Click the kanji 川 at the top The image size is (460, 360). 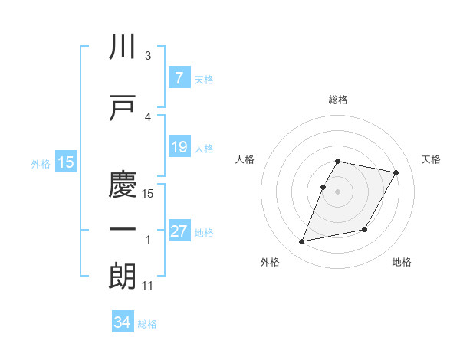[x=123, y=47]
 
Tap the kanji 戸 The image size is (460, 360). [x=123, y=108]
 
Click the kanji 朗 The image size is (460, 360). [x=123, y=277]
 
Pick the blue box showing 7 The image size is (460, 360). [x=179, y=78]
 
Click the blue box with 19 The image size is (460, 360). [x=179, y=147]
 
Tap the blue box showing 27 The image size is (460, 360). [x=179, y=231]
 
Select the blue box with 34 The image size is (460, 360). [x=123, y=322]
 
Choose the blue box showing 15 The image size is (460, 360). [x=66, y=162]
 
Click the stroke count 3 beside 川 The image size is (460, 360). [x=148, y=56]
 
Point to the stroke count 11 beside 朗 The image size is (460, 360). [x=148, y=286]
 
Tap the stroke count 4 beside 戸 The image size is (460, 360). [x=148, y=116]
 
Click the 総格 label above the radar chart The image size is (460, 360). [x=338, y=100]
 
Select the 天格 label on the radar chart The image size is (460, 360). [x=432, y=159]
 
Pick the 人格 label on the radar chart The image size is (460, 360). [x=245, y=159]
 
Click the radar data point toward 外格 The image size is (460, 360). [x=302, y=242]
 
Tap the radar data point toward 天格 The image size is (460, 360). [x=396, y=173]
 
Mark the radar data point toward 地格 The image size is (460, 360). [x=365, y=230]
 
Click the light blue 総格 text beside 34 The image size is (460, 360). [x=147, y=323]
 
